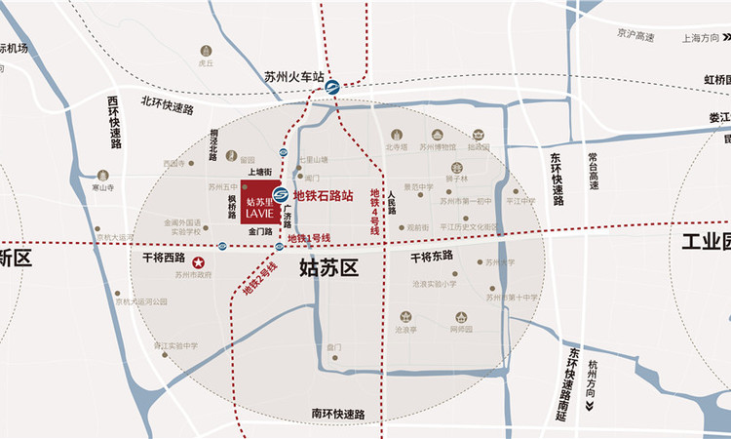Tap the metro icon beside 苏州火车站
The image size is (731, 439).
[x=332, y=86]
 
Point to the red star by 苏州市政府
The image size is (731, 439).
[x=199, y=261]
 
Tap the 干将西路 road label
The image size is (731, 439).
[x=161, y=259]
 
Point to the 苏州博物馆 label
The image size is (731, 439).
[x=438, y=148]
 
